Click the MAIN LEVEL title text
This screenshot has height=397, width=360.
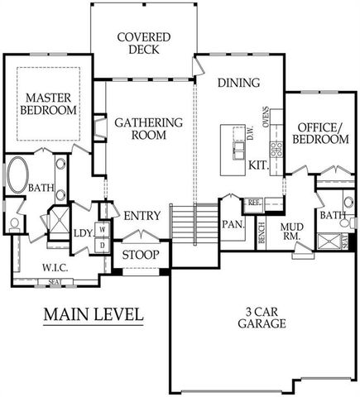tap(94, 314)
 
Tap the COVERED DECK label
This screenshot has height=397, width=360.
tap(143, 44)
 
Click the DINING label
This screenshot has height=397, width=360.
tap(238, 83)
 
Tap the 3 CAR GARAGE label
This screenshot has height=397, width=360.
tap(259, 317)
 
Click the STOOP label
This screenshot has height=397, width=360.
tap(141, 255)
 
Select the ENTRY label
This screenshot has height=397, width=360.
tap(142, 216)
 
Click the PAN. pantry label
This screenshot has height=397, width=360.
tap(231, 224)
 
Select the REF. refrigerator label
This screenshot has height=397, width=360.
tap(253, 201)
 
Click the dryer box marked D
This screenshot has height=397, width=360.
tap(103, 245)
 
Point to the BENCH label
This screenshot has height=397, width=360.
tap(261, 234)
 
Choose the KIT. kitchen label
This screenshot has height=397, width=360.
tap(257, 165)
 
